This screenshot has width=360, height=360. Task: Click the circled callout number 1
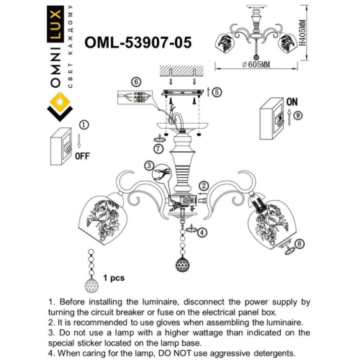click(x=83, y=125)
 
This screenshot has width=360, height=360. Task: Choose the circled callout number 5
click(x=217, y=92)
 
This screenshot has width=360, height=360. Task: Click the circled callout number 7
click(x=158, y=148)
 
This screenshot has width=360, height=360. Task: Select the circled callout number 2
click(x=204, y=186)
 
